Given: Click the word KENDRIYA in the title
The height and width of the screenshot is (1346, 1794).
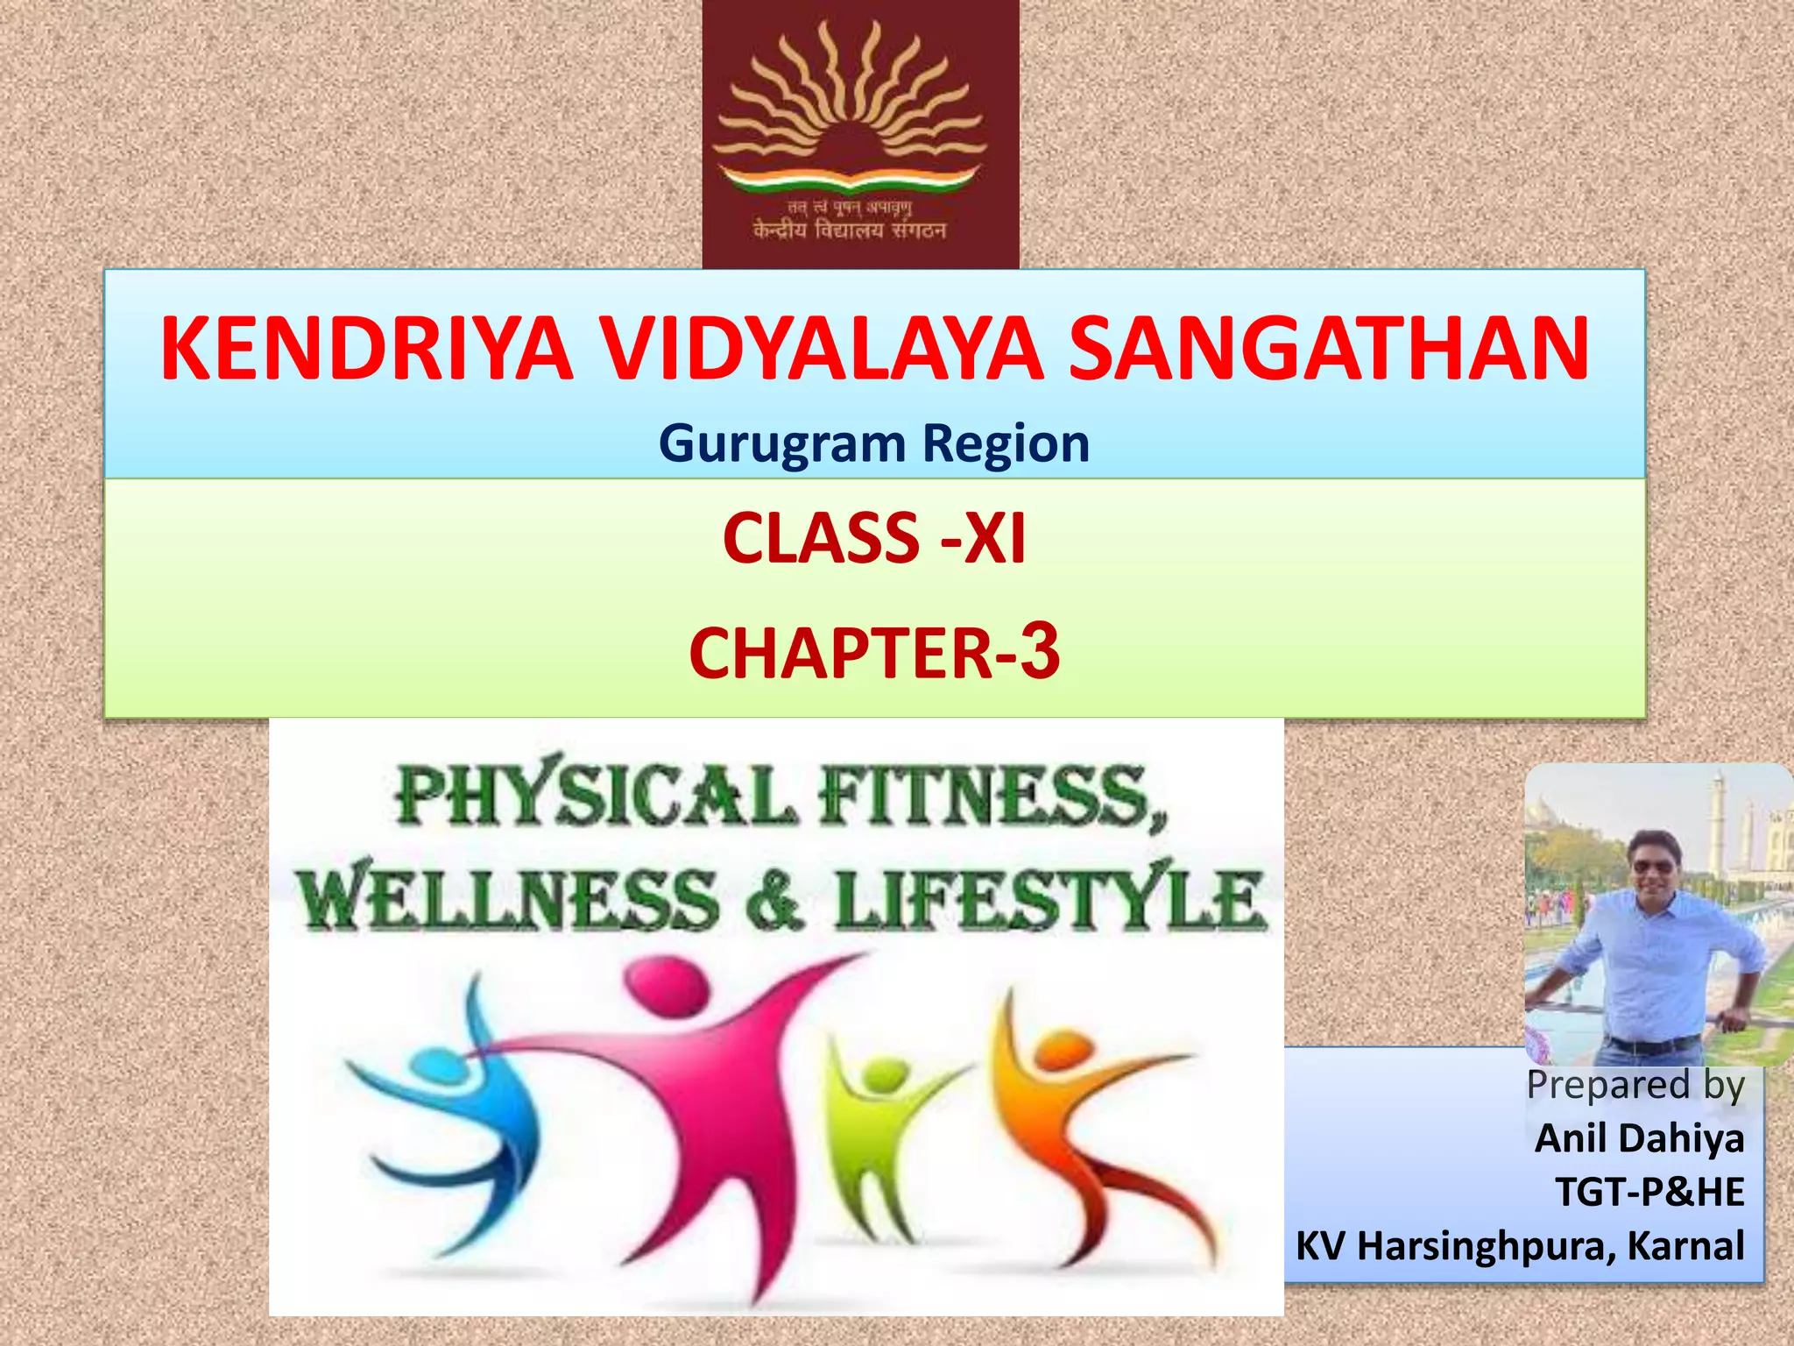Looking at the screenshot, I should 366,350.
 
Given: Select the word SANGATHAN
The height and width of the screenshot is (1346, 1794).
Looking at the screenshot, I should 1329,350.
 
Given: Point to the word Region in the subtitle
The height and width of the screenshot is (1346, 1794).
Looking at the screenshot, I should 1006,443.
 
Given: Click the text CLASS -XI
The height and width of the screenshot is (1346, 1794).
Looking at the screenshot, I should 873,539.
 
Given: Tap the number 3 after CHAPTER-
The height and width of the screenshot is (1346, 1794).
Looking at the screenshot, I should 1040,651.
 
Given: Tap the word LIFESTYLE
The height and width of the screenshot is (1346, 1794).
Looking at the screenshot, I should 1049,900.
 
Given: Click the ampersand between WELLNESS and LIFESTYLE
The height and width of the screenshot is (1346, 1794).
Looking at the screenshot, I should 774,900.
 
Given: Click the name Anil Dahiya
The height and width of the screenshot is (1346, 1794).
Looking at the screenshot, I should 1639,1138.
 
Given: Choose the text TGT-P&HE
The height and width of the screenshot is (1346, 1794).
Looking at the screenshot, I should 1649,1192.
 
